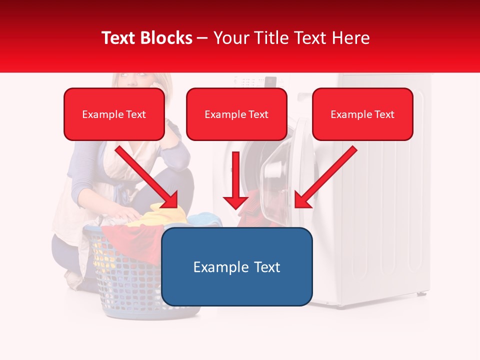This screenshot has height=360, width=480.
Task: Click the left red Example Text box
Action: click(x=114, y=114)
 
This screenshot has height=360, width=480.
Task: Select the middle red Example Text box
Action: click(x=236, y=114)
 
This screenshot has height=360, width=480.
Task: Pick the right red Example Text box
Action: click(x=362, y=114)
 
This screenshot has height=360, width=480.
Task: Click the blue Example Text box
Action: click(x=236, y=266)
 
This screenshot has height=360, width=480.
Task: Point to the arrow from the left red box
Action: click(x=147, y=177)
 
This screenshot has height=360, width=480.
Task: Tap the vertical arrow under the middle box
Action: click(x=236, y=180)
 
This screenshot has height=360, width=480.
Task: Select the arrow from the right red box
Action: click(x=325, y=177)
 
